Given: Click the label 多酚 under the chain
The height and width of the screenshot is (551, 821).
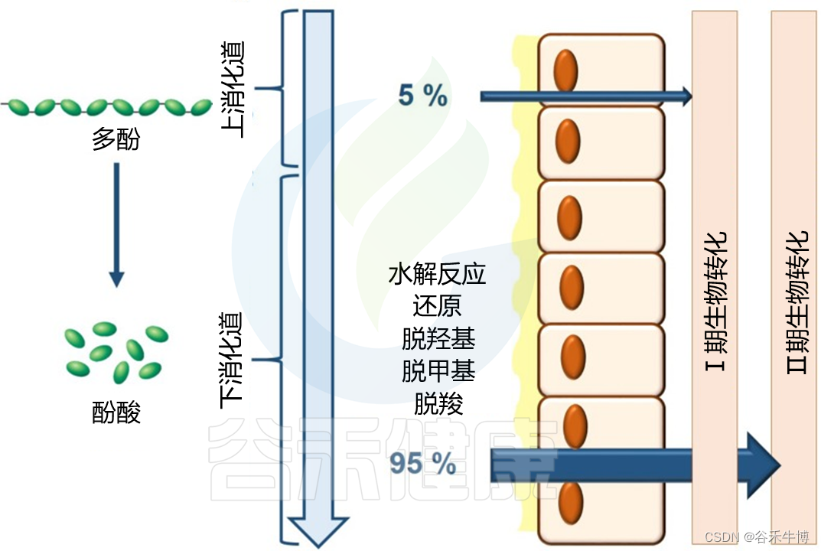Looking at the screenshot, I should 116,139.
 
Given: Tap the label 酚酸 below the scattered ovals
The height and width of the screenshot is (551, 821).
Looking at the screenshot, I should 116,412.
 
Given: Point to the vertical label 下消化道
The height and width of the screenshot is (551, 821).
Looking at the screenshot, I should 233,360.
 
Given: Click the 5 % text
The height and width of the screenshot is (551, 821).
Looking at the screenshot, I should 422,96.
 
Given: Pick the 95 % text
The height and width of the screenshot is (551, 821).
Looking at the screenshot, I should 422,463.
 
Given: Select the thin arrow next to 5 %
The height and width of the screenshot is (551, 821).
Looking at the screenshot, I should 585,96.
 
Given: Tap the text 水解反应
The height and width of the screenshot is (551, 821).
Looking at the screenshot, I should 438,273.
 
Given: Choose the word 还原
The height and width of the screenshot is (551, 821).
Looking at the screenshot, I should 438,306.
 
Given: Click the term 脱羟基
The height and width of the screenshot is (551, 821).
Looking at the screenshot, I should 438,339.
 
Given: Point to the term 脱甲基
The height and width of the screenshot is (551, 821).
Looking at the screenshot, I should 438,371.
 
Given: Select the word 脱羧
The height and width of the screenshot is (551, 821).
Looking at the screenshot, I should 438,404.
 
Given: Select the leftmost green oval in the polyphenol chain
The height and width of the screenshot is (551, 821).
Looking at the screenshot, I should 21,106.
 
